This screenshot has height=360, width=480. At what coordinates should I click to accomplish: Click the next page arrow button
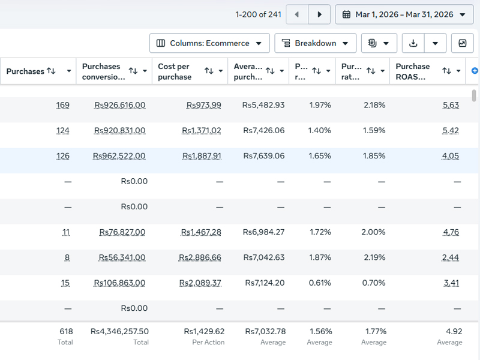[x=319, y=14]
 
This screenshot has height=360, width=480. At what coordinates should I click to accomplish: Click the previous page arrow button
[x=296, y=14]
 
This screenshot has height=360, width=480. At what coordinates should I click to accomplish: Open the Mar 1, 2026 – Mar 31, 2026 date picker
[x=404, y=14]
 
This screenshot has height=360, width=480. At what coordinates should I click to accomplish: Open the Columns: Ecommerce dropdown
[x=209, y=43]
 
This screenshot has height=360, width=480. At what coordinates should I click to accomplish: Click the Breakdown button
[x=316, y=43]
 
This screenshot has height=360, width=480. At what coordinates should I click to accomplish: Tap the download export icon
[x=413, y=43]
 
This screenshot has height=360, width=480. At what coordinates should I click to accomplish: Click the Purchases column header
[x=25, y=71]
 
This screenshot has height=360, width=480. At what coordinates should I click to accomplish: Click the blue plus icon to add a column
[x=475, y=71]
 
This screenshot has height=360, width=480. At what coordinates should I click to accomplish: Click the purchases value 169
[x=62, y=105]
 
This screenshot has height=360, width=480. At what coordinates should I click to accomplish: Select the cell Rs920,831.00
[x=119, y=130]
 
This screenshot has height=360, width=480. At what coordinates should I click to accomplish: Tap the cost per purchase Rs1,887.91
[x=202, y=156]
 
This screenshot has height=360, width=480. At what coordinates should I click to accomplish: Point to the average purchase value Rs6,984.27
[x=263, y=232]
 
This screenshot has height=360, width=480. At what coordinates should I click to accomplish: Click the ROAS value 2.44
[x=451, y=257]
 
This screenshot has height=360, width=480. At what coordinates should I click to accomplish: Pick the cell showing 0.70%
[x=374, y=283]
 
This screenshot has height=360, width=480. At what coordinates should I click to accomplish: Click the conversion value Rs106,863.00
[x=119, y=283]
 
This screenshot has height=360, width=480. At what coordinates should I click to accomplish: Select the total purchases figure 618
[x=66, y=332]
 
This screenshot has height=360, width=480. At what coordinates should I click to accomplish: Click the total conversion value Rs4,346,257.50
[x=119, y=332]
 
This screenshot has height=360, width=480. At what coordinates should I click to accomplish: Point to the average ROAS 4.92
[x=454, y=332]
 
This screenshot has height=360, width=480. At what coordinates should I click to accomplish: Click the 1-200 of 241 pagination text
[x=258, y=14]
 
